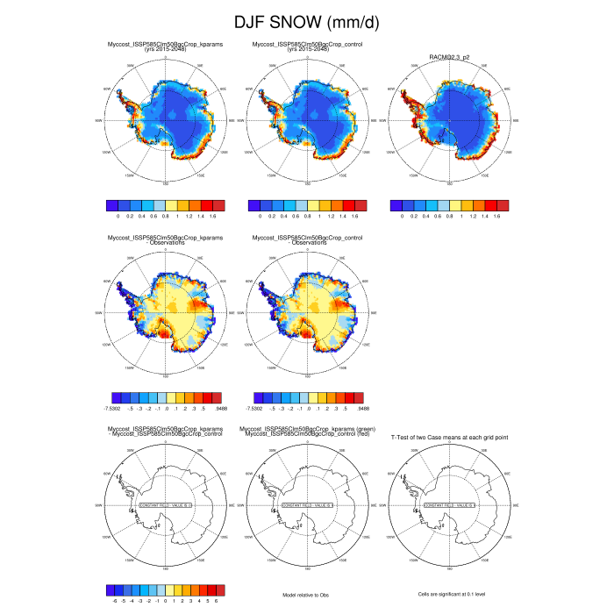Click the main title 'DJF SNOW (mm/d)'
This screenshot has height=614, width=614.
tap(306, 22)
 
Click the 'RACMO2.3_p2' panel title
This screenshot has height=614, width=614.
tap(449, 55)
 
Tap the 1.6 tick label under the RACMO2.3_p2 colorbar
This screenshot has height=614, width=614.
tap(496, 215)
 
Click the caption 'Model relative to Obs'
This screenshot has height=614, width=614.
tap(306, 595)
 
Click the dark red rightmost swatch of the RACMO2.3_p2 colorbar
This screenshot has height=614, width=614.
tap(503, 204)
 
